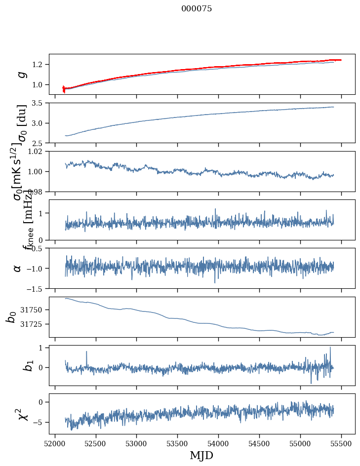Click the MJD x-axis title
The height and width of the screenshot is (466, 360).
pyautogui.click(x=201, y=456)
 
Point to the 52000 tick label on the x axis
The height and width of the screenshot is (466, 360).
pyautogui.click(x=55, y=444)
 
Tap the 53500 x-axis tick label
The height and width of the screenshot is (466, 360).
pyautogui.click(x=178, y=444)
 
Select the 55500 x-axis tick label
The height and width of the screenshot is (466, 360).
pyautogui.click(x=342, y=444)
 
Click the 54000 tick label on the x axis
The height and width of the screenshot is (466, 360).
pyautogui.click(x=219, y=444)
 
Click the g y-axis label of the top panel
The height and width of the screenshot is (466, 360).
pyautogui.click(x=21, y=74)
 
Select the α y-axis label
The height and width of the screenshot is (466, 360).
pyautogui.click(x=17, y=268)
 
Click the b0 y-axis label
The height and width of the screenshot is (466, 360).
pyautogui.click(x=11, y=317)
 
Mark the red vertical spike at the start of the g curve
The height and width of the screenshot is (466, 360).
pyautogui.click(x=64, y=89)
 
